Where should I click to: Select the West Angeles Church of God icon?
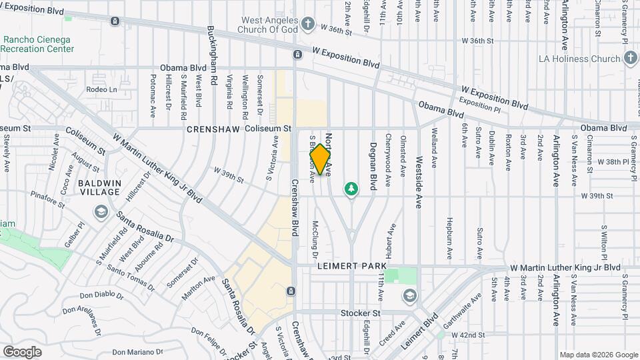tap(307, 25)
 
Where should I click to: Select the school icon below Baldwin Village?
tap(101, 212)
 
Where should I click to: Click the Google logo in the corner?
tap(22, 351)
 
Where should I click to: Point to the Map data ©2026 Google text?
tap(598, 355)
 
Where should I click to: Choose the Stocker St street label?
tap(360, 312)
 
